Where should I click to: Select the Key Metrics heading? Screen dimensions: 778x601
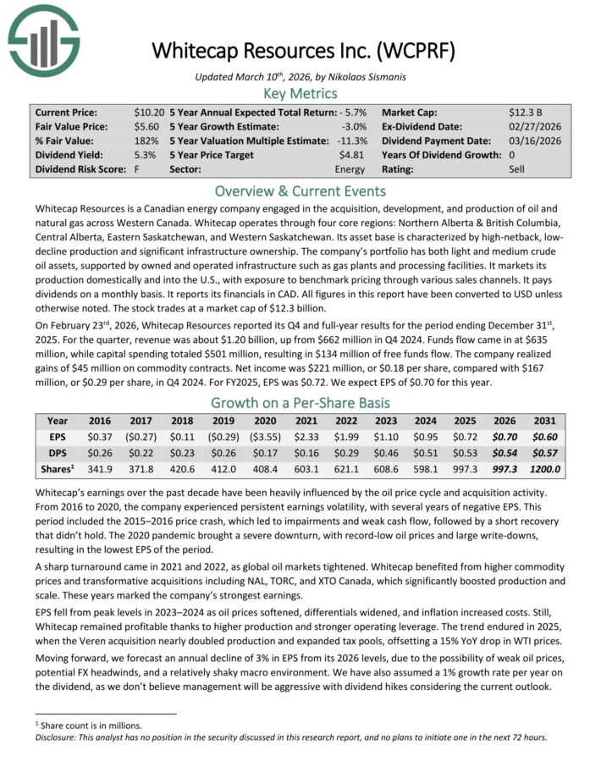tap(300, 93)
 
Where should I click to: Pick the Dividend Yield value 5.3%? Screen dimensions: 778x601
tap(155, 155)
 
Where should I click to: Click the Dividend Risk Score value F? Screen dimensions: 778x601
tap(136, 169)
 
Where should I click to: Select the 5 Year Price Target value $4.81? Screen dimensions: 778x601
tap(352, 155)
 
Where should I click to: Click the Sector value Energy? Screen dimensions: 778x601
tap(350, 169)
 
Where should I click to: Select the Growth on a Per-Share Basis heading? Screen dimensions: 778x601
tap(300, 403)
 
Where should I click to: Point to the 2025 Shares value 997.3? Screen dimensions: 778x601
tap(462, 470)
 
